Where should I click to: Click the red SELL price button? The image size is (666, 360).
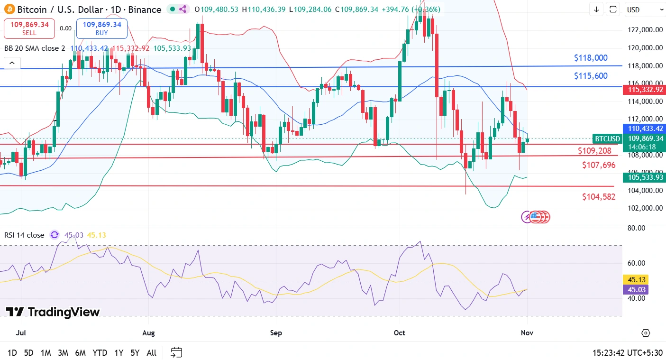click(x=29, y=28)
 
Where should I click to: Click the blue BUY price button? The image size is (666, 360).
click(x=101, y=28)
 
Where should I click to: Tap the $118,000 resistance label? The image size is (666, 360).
click(x=590, y=58)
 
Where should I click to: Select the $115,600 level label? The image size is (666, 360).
click(x=590, y=76)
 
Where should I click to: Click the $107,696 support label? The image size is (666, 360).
click(x=599, y=165)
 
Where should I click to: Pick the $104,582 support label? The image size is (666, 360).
click(x=599, y=196)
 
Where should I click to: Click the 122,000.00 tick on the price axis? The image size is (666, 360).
click(x=644, y=30)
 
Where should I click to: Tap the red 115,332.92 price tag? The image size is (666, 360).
click(x=644, y=90)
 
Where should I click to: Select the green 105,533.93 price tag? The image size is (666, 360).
click(x=644, y=177)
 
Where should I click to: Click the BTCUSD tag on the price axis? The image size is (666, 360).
click(x=607, y=139)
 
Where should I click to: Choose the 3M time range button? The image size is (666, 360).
click(x=63, y=353)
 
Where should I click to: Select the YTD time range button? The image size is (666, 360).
click(x=100, y=353)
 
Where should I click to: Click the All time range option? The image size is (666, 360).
click(x=151, y=353)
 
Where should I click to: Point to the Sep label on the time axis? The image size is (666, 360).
click(x=276, y=333)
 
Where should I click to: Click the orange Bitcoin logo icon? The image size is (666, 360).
click(x=9, y=9)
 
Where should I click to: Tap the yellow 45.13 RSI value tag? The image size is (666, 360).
click(x=637, y=280)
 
